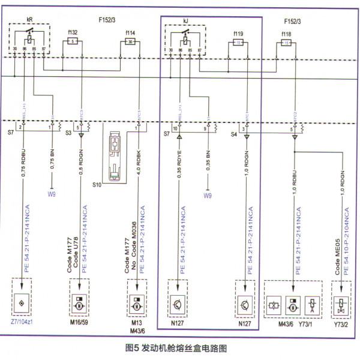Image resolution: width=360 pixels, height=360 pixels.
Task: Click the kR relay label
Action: click(x=29, y=19)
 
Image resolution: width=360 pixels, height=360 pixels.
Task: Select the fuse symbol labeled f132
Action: click(x=73, y=41)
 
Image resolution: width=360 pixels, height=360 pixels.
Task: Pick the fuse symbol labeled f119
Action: click(x=240, y=43)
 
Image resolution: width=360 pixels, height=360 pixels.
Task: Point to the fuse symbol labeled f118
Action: click(x=287, y=43)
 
